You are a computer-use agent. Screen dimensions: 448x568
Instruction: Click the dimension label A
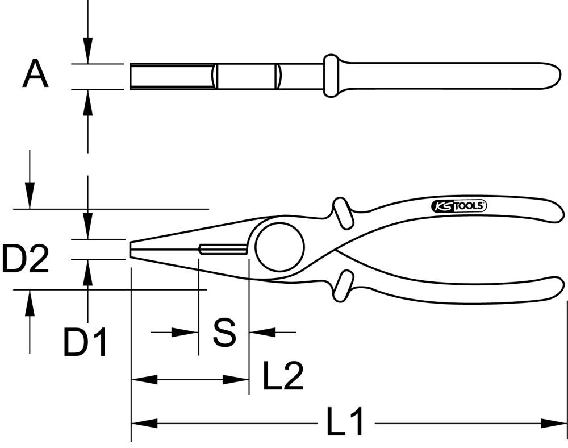pyautogui.click(x=35, y=76)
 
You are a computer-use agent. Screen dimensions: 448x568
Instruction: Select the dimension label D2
pyautogui.click(x=25, y=259)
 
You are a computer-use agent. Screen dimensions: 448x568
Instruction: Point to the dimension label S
pyautogui.click(x=224, y=333)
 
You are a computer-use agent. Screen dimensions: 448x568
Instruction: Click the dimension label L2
pyautogui.click(x=283, y=376)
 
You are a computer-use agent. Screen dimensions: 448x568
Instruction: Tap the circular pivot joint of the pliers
pyautogui.click(x=279, y=248)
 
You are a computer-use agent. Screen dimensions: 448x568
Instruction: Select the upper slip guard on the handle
pyautogui.click(x=342, y=213)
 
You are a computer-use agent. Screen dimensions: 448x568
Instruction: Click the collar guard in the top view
pyautogui.click(x=331, y=76)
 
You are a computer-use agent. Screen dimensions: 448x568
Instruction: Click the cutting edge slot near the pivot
pyautogui.click(x=223, y=249)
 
